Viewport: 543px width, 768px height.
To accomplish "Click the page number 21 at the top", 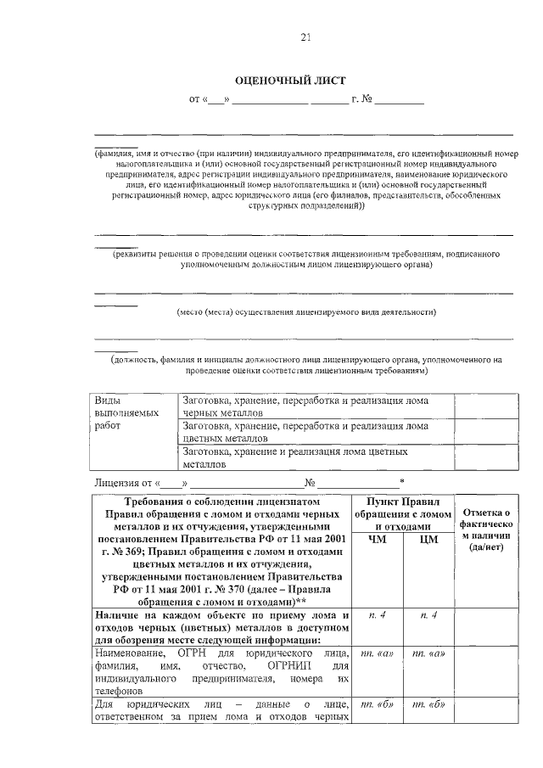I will point(305,36).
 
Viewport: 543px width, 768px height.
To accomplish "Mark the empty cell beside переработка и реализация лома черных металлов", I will point(484,406).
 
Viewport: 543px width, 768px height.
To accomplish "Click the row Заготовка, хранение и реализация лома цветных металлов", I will point(316,458).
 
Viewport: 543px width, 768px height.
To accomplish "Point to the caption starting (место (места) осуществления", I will point(305,311).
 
